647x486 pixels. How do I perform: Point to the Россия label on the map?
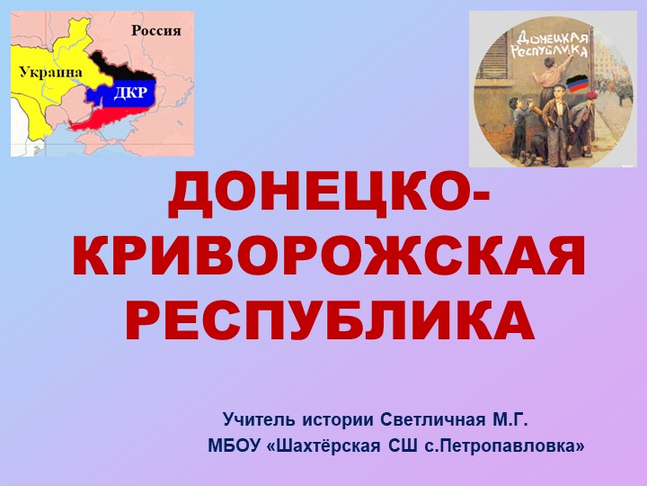[x=156, y=31]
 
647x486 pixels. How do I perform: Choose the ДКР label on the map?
[x=130, y=93]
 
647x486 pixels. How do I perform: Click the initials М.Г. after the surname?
[x=509, y=419]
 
